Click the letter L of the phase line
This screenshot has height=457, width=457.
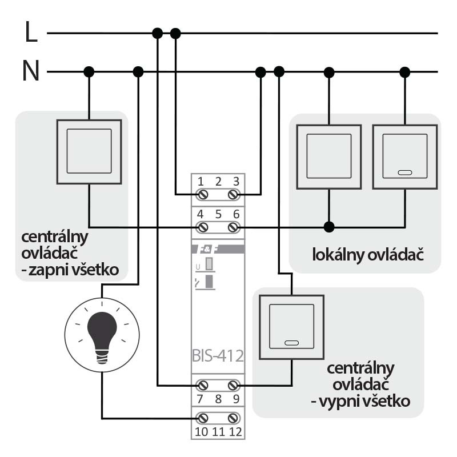coord(31,32)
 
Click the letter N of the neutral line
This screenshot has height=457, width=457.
coord(31,72)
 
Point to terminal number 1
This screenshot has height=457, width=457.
coord(201,182)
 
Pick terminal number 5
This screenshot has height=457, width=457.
coord(218,214)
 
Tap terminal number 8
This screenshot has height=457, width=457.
coord(218,399)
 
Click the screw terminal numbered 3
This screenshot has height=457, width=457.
coord(233,195)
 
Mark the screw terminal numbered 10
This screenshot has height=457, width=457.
coord(202,418)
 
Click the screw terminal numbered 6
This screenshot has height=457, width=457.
coord(233,227)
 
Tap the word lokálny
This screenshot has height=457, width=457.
coord(336,254)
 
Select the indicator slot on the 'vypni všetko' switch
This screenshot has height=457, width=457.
coord(291,344)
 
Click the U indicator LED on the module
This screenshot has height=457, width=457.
coord(209,264)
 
